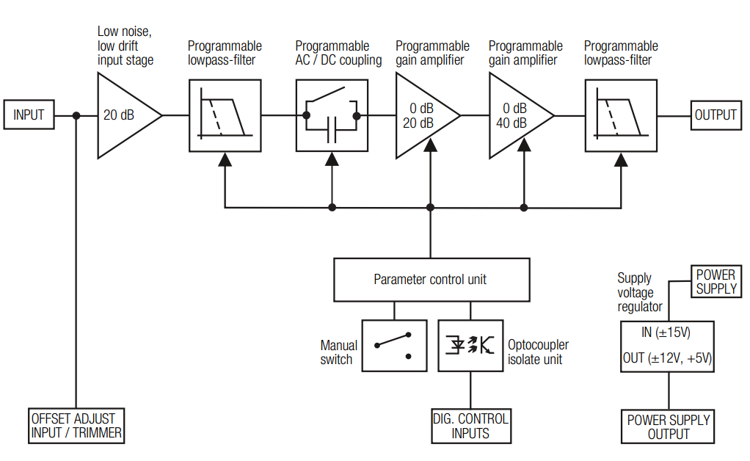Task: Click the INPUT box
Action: point(29,115)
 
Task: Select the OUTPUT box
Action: point(716,115)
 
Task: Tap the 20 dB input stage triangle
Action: point(121,115)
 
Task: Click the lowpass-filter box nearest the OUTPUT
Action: point(621,115)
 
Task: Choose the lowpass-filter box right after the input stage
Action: point(225,115)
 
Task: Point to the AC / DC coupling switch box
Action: point(332,115)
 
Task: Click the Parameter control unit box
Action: point(431,280)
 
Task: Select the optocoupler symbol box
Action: point(470,346)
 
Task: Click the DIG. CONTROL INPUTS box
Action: point(470,426)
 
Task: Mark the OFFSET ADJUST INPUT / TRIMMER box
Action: point(76,426)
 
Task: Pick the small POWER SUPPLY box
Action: point(716,283)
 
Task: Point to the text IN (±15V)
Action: point(666,333)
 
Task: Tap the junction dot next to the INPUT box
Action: point(76,115)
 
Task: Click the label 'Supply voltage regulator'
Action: point(639,292)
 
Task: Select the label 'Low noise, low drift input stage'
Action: point(125,46)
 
